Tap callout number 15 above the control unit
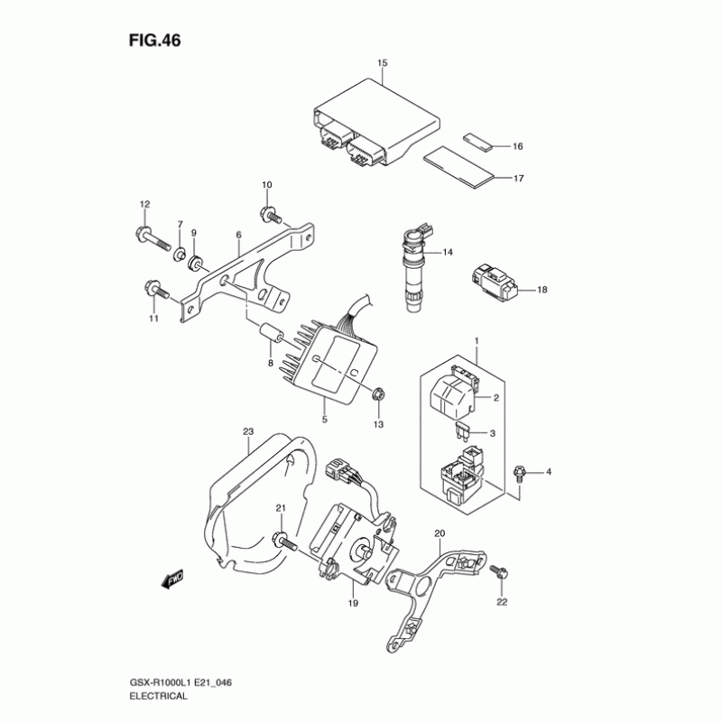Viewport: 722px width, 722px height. tap(382, 62)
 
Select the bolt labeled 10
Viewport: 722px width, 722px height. tap(268, 214)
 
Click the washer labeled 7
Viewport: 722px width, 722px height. tap(179, 251)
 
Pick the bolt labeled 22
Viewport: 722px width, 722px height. tap(498, 572)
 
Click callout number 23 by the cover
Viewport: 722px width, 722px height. tap(248, 432)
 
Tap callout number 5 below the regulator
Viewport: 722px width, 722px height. tap(325, 419)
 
